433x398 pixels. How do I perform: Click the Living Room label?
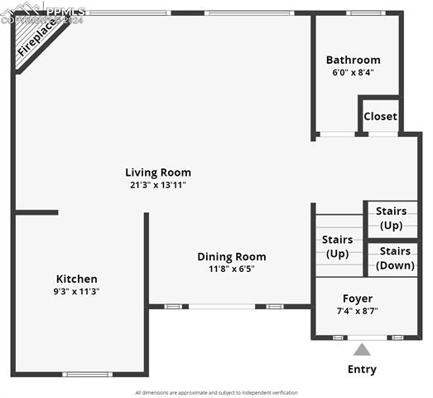[157, 172]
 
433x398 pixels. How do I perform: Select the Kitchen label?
[76, 279]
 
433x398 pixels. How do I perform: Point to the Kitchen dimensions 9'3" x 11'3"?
[76, 292]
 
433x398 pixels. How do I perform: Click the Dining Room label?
[231, 257]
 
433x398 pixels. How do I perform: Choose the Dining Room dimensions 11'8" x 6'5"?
[231, 269]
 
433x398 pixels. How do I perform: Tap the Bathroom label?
[353, 60]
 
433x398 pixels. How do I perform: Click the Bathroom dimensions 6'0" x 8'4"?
[353, 72]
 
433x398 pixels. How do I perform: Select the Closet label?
[380, 117]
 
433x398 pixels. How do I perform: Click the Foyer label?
[358, 298]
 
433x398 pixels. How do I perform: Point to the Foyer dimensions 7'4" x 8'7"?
[358, 311]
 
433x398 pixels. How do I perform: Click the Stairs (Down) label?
[395, 259]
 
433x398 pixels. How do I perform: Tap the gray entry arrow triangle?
[362, 350]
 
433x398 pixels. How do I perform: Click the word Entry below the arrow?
[362, 370]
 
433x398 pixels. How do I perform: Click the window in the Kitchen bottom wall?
[88, 374]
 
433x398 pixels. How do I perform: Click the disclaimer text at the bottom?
[216, 392]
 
